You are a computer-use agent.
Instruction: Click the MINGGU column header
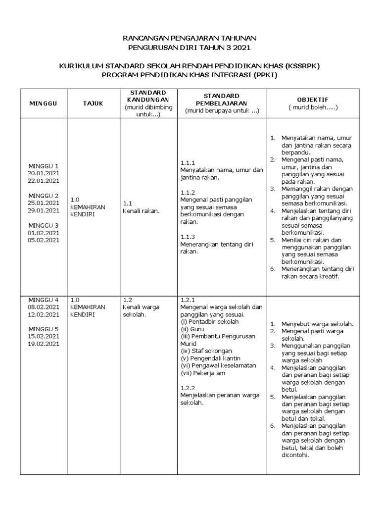click(43, 103)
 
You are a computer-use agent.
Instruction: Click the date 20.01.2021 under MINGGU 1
click(44, 173)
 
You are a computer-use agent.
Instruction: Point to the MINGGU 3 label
click(44, 225)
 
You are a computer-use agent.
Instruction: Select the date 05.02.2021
click(44, 240)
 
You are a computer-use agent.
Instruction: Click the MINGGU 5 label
click(44, 329)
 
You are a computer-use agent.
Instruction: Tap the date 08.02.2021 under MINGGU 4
click(44, 306)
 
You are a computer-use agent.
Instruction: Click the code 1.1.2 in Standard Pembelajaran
click(188, 192)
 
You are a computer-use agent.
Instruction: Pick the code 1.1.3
click(188, 236)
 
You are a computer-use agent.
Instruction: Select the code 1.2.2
click(188, 388)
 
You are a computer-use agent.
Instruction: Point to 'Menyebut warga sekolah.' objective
click(317, 324)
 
